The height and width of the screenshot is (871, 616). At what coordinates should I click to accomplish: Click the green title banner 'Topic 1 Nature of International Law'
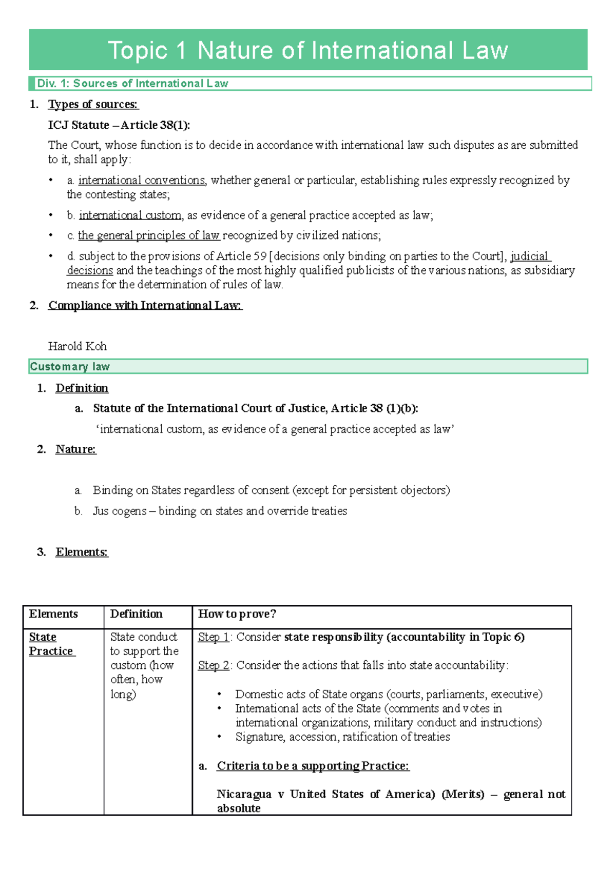[x=308, y=50]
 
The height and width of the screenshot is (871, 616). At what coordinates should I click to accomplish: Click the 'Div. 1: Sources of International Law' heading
[x=132, y=84]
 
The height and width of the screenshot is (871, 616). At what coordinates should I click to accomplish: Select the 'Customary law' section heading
[x=70, y=366]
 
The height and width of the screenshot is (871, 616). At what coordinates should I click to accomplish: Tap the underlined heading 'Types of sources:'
[x=93, y=105]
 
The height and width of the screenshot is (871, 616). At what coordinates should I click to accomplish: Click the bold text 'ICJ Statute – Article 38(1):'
[x=119, y=125]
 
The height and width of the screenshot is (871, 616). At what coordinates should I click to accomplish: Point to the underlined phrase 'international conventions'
[x=141, y=181]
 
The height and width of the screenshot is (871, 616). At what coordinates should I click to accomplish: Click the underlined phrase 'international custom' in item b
[x=130, y=215]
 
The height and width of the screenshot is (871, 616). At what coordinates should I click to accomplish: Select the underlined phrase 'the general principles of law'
[x=148, y=235]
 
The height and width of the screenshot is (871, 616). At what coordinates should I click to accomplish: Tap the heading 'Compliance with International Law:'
[x=145, y=306]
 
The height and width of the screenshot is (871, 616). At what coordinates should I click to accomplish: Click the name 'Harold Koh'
[x=77, y=346]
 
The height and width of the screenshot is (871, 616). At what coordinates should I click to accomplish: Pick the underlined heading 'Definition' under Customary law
[x=82, y=388]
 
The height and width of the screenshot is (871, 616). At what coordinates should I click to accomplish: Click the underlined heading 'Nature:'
[x=75, y=449]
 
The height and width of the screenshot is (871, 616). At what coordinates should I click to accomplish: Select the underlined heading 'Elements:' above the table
[x=82, y=552]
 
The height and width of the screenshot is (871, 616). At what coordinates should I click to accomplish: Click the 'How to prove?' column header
[x=237, y=614]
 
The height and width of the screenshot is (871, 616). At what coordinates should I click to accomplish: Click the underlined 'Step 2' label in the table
[x=214, y=665]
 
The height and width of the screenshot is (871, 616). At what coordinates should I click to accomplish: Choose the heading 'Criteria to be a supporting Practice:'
[x=313, y=766]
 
